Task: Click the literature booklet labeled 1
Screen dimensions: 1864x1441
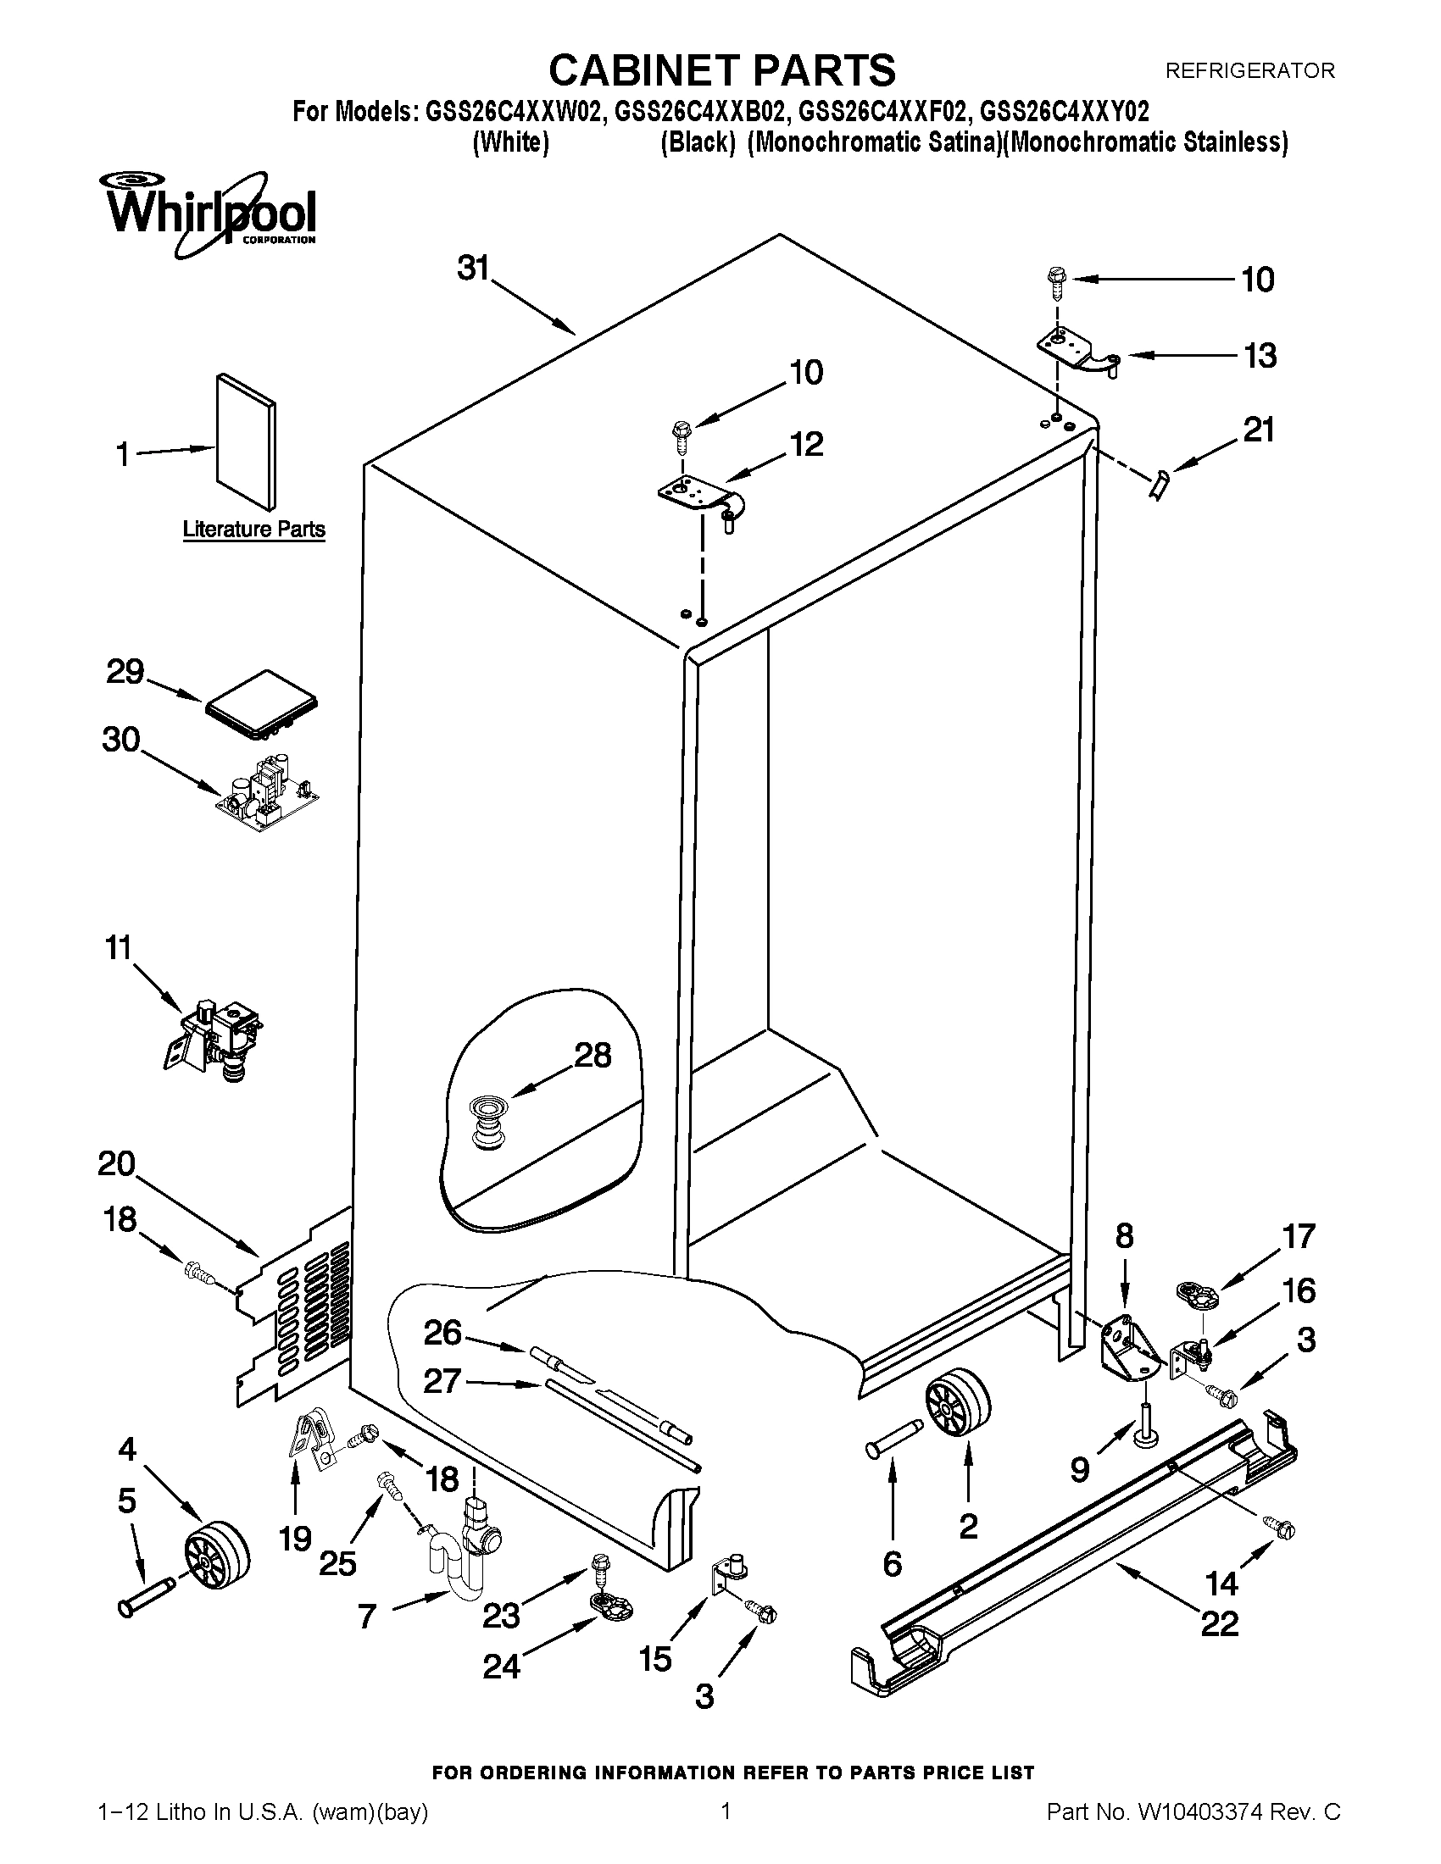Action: pyautogui.click(x=246, y=441)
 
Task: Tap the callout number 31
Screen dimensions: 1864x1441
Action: pyautogui.click(x=473, y=268)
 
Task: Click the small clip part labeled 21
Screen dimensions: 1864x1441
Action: pyautogui.click(x=1160, y=486)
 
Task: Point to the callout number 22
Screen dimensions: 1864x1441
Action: pyautogui.click(x=1218, y=1622)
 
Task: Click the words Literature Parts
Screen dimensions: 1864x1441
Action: pyautogui.click(x=253, y=530)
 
